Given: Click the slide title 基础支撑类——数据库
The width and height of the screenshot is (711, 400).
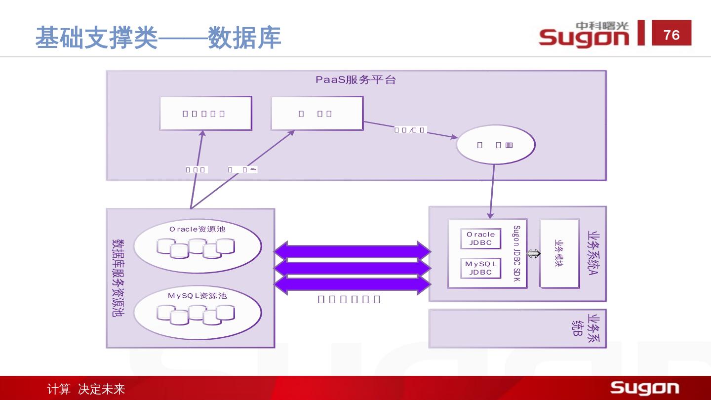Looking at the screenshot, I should point(158,38).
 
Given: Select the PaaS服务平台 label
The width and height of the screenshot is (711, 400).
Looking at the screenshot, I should point(355,80).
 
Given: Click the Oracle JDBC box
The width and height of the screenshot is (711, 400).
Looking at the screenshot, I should point(480,239).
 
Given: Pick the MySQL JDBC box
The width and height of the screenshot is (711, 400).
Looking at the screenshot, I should point(480,268).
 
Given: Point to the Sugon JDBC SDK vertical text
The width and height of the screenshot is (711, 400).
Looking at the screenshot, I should point(516,254).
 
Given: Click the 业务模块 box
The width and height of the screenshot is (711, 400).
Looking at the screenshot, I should point(559,253).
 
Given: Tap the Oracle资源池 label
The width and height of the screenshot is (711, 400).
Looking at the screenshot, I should point(197,229).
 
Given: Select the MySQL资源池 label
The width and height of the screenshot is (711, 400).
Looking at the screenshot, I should point(197,296).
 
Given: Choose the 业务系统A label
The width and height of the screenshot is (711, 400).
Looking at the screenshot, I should point(593,253).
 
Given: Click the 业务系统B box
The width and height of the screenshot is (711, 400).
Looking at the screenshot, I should point(517,328).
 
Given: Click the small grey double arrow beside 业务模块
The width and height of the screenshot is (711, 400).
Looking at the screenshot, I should point(533,254).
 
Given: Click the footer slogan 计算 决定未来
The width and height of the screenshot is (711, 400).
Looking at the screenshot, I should point(86,389).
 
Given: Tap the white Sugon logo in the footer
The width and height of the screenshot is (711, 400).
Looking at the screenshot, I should point(644,388).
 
